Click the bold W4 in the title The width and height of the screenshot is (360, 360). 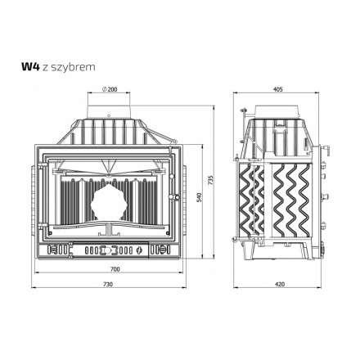31,67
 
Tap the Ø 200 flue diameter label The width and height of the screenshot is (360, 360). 110,89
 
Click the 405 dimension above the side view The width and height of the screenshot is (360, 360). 277,89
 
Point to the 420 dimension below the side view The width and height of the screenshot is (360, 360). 280,284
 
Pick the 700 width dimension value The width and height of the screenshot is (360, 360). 115,269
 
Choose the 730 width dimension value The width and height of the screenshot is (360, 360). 108,284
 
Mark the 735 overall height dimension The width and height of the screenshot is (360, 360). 210,180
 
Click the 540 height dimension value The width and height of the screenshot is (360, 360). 199,198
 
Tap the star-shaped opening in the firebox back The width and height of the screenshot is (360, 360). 109,202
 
